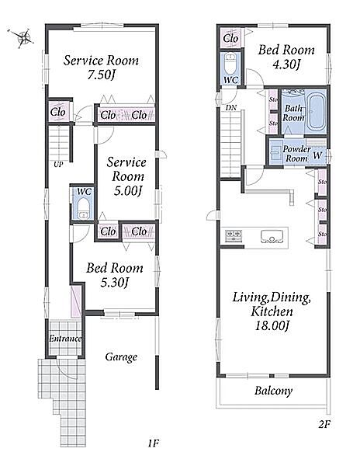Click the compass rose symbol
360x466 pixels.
pyautogui.click(x=21, y=38)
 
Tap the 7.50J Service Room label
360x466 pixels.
pyautogui.click(x=101, y=68)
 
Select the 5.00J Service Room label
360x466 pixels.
pyautogui.click(x=126, y=176)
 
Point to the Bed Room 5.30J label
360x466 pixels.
pyautogui.click(x=115, y=275)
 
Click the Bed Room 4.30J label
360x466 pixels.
pyautogui.click(x=286, y=57)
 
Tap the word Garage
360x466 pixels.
pyautogui.click(x=121, y=356)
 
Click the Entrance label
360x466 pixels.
pyautogui.click(x=65, y=339)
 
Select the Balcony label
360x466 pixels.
pyautogui.click(x=273, y=391)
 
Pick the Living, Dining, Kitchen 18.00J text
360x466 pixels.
pyautogui.click(x=272, y=311)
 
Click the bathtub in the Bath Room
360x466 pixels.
pyautogui.click(x=317, y=112)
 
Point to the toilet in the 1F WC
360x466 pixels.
pyautogui.click(x=83, y=208)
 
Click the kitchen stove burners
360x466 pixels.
pyautogui.click(x=234, y=235)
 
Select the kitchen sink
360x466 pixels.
pyautogui.click(x=272, y=237)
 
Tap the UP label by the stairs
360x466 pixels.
pyautogui.click(x=58, y=164)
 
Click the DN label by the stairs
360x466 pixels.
pyautogui.click(x=231, y=108)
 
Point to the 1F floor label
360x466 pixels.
pyautogui.click(x=154, y=443)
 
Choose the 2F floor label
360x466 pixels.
pyautogui.click(x=324, y=424)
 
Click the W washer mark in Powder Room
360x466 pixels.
pyautogui.click(x=317, y=155)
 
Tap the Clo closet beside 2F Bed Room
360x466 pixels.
pyautogui.click(x=230, y=38)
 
